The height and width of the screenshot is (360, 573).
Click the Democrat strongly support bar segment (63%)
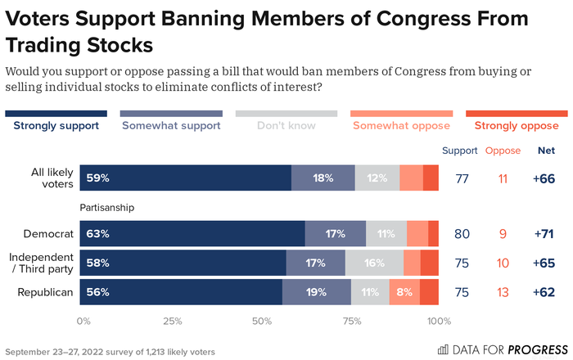pos(192,233)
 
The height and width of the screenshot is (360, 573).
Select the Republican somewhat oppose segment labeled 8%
pos(404,292)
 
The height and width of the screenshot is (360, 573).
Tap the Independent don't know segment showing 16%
pos(374,263)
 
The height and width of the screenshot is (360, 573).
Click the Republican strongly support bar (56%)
pos(181,292)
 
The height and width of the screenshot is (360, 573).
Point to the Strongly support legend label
pos(56,126)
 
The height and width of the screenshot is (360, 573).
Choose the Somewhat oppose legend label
pos(401,126)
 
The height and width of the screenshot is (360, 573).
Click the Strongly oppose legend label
pos(517,126)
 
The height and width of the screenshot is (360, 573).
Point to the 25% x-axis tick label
pos(172,321)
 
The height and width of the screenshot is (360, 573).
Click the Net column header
pos(546,151)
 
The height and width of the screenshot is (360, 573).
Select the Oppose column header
pos(503,151)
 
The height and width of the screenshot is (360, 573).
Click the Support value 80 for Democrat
pos(461,234)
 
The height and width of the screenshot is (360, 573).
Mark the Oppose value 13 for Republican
pos(503,292)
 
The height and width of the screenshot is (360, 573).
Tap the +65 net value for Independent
pos(546,263)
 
